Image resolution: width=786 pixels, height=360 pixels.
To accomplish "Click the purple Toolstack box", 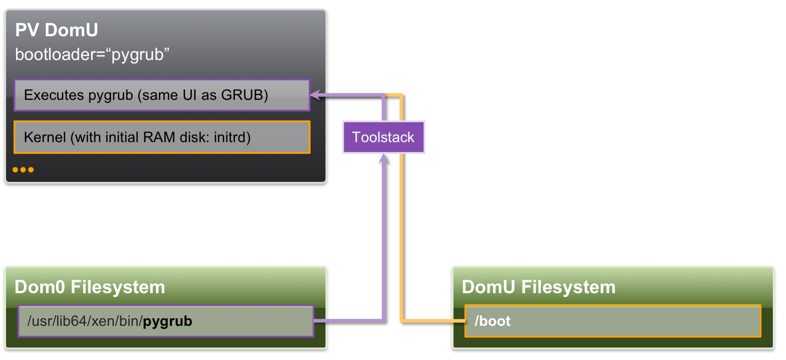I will tap(383, 137).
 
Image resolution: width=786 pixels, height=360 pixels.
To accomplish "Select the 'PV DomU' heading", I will tap(57, 30).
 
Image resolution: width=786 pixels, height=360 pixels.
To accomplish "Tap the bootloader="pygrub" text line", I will tap(92, 54).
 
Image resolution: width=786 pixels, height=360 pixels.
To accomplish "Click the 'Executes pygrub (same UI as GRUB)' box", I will tap(162, 95).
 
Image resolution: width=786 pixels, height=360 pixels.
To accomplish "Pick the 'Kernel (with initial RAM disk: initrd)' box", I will tap(162, 137).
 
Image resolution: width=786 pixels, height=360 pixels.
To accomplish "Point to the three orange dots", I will tap(23, 170).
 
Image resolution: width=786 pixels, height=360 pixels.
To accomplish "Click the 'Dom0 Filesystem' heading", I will tap(90, 287).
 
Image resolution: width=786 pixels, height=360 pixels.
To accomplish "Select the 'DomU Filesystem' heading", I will tap(538, 287).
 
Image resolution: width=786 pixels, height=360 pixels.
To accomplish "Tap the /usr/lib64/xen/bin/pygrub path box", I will tap(166, 321).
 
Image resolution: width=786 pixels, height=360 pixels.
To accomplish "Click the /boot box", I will tap(612, 321).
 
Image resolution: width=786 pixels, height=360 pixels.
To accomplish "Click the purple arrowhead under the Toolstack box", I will tap(384, 159).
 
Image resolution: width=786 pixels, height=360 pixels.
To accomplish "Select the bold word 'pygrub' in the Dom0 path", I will tap(167, 321).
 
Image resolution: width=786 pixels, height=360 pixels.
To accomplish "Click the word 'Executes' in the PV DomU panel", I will tap(54, 95).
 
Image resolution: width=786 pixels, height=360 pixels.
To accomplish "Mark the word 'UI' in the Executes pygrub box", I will tap(189, 95).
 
